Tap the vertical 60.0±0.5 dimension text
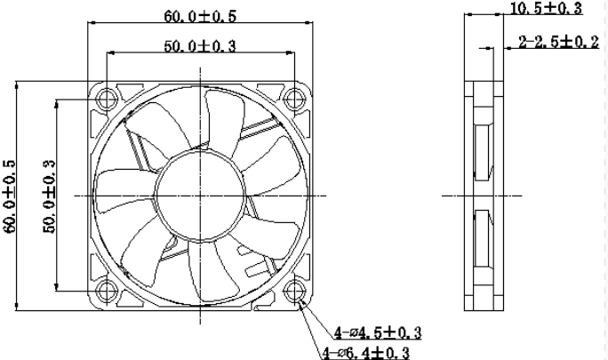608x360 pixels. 11,196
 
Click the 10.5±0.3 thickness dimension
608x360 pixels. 544,9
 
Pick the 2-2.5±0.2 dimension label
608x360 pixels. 558,43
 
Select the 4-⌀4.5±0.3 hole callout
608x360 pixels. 378,333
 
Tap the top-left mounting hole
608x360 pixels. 108,96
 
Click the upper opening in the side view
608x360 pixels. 483,150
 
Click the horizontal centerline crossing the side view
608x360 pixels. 533,194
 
